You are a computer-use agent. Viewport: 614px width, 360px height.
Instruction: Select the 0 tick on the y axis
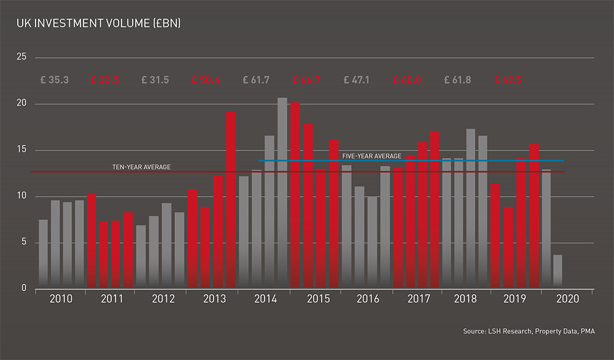pyautogui.click(x=24, y=288)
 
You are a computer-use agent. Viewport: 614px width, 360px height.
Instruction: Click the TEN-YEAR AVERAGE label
pyautogui.click(x=141, y=166)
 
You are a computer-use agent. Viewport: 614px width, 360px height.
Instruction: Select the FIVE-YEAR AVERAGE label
pyautogui.click(x=372, y=156)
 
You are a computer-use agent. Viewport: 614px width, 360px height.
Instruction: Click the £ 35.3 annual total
pyautogui.click(x=54, y=80)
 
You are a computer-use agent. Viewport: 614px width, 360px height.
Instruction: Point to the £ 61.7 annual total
pyautogui.click(x=256, y=80)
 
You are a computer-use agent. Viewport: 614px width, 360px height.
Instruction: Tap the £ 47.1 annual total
pyautogui.click(x=357, y=80)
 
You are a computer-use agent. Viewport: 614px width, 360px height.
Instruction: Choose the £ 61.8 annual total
pyautogui.click(x=458, y=80)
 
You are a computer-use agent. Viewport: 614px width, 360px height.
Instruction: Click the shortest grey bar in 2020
pyautogui.click(x=558, y=271)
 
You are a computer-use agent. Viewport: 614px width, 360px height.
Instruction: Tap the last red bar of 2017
pyautogui.click(x=435, y=209)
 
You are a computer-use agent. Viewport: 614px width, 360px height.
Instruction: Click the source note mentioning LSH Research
pyautogui.click(x=529, y=332)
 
